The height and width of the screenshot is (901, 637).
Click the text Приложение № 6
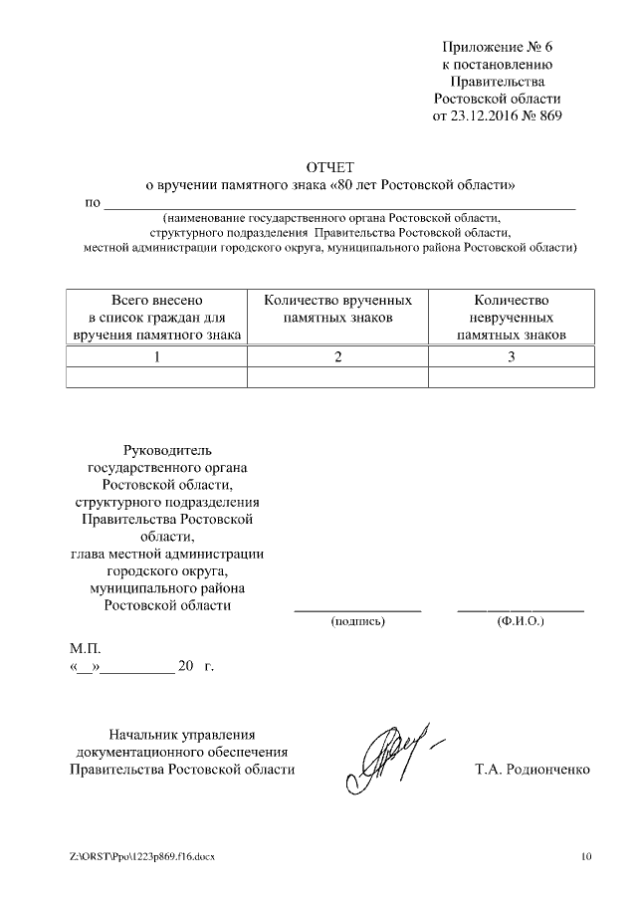point(498,47)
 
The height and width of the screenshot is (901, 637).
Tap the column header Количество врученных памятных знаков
point(338,308)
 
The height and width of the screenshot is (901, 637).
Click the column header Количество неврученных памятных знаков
point(511,317)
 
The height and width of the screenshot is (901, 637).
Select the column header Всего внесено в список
point(157,317)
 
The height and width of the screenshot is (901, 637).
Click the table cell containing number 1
point(156,356)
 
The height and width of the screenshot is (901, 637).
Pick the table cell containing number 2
point(338,356)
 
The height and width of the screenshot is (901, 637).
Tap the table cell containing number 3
point(511,356)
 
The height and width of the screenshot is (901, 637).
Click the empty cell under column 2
point(338,376)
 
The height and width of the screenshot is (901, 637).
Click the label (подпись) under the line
point(357,621)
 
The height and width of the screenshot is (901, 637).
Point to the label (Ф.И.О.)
point(520,621)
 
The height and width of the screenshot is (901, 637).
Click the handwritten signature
point(390,753)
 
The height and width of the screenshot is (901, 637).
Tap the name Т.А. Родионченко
point(534,770)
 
